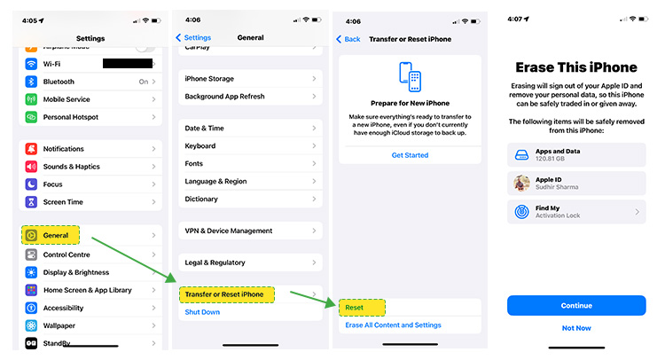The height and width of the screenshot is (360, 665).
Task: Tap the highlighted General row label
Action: pos(56,235)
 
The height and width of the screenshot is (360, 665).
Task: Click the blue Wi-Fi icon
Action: pos(31,64)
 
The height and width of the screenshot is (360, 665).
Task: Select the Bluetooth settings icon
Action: pos(31,82)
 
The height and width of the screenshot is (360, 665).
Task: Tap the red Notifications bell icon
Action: pos(31,149)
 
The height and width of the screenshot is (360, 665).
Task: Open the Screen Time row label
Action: pos(63,202)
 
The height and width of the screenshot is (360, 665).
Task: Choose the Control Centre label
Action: pos(66,254)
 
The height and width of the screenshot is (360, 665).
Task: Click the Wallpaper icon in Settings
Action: pos(31,325)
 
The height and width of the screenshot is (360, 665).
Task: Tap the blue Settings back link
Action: pos(193,38)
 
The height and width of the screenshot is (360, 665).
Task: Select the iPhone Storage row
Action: pos(250,79)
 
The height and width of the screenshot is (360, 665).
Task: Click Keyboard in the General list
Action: pos(200,146)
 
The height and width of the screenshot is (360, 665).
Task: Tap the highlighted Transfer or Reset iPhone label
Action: pos(224,294)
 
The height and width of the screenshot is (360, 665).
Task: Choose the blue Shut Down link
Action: pos(202,312)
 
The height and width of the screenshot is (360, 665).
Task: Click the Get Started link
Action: pos(410,155)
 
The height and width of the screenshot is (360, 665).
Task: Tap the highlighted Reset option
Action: pos(354,308)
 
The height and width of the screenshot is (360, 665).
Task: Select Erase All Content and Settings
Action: pos(393,325)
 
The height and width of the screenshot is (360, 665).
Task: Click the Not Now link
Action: pos(576,328)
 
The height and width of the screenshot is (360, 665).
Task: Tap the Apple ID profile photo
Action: pos(521,184)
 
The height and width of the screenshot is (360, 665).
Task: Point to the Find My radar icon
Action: pos(521,212)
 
